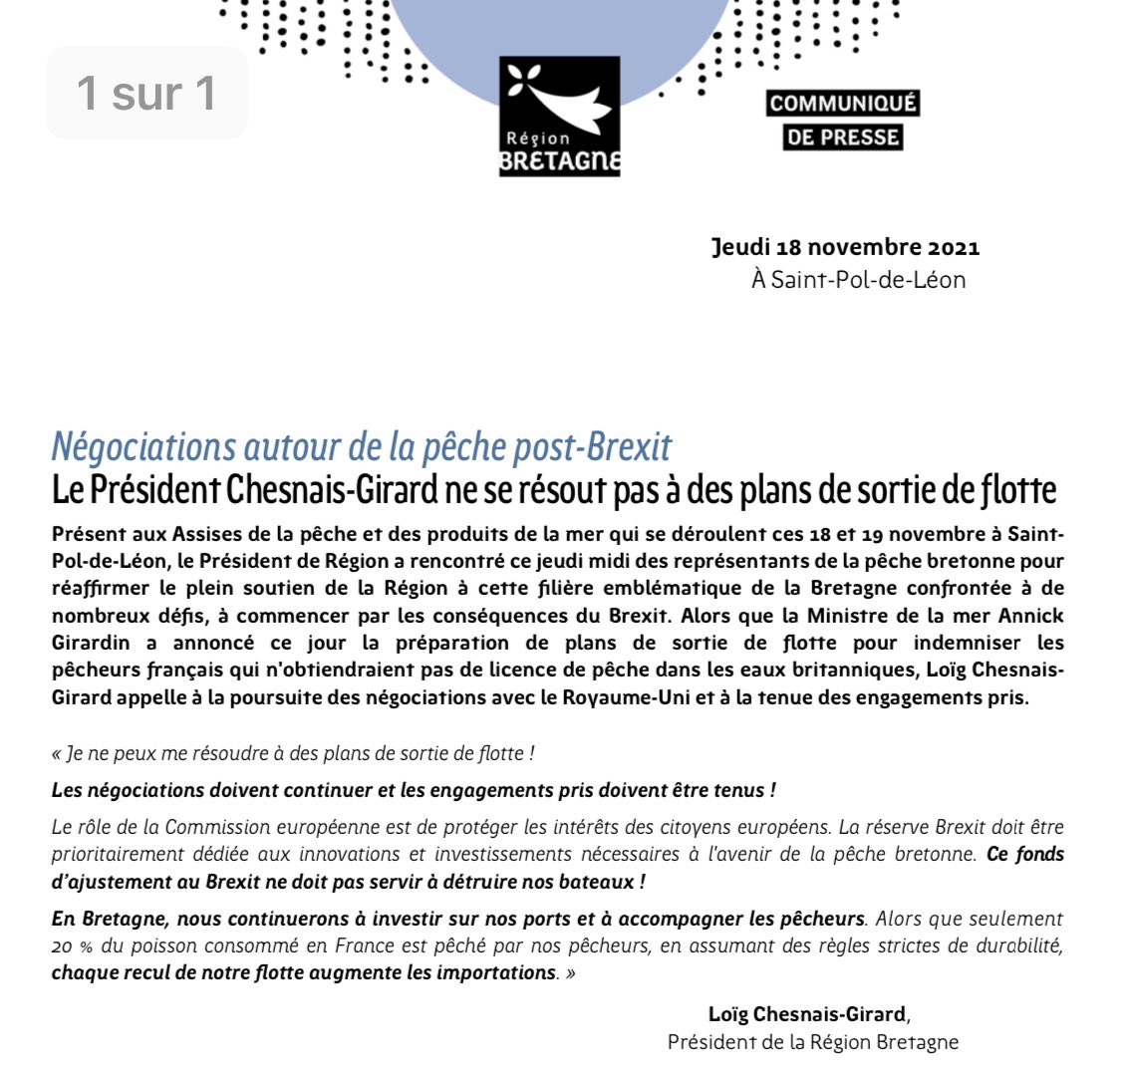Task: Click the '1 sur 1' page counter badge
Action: tap(146, 93)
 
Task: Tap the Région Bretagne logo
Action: tap(559, 117)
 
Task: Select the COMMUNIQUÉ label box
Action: tap(843, 104)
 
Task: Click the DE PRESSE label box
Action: tap(843, 137)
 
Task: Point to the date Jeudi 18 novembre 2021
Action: tap(845, 247)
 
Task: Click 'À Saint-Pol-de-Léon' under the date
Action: tap(858, 279)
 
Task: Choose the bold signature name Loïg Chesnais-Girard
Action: tap(807, 1014)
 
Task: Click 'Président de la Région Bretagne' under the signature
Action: tap(812, 1042)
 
